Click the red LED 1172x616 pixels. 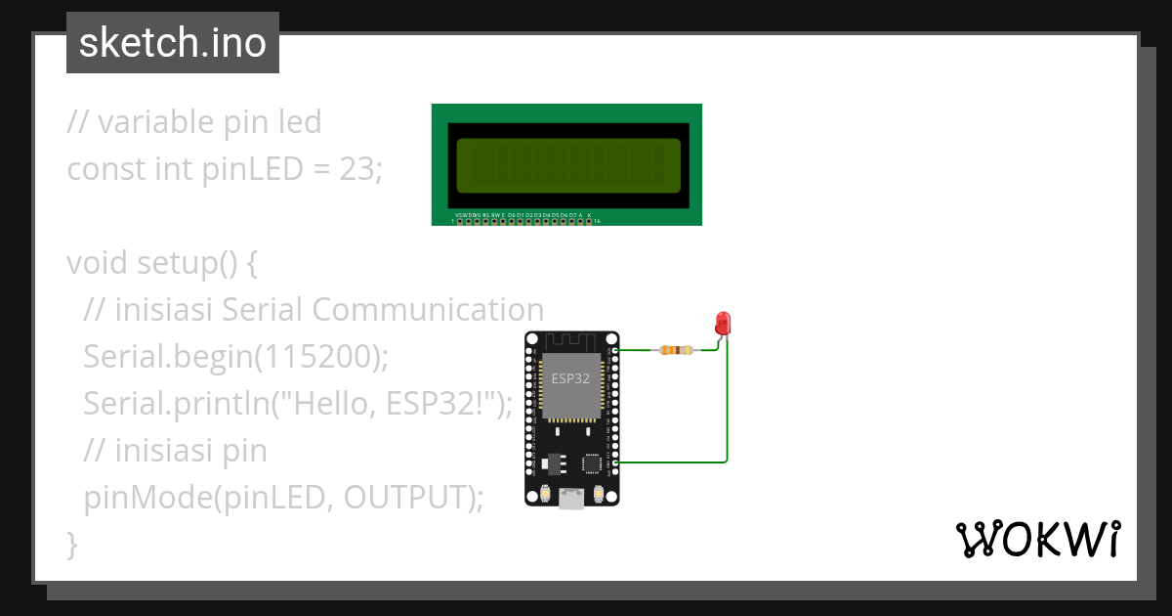click(723, 322)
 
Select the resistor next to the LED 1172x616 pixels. click(676, 350)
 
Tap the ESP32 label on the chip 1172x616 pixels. click(570, 378)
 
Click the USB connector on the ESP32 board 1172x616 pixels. click(571, 499)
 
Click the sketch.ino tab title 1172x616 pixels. click(173, 43)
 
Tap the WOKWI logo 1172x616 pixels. click(1036, 539)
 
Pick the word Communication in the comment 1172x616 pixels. click(428, 310)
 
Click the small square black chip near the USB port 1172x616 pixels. click(591, 462)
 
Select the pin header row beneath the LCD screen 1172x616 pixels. click(525, 221)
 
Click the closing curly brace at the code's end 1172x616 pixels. click(71, 543)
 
